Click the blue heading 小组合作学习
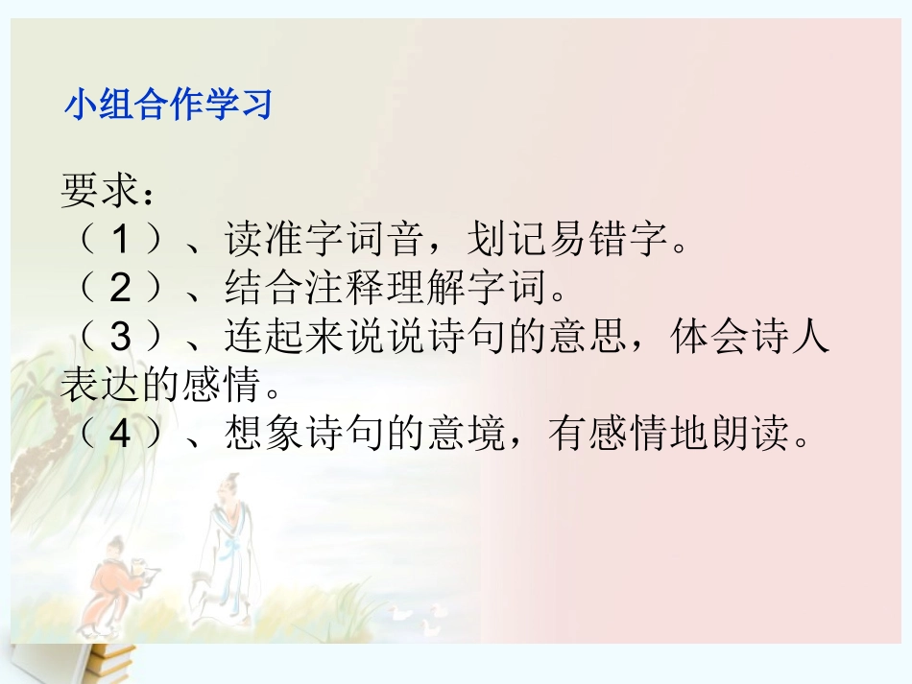[168, 105]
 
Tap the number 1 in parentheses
[119, 240]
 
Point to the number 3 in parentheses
[119, 339]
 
